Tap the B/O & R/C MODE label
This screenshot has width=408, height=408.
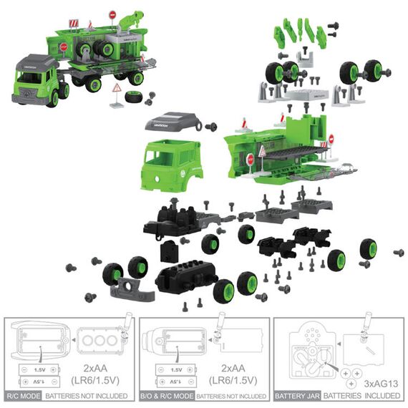click(x=167, y=395)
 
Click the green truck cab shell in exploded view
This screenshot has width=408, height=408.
click(x=173, y=164)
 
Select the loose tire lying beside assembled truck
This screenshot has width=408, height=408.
click(x=133, y=97)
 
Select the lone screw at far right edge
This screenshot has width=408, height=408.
click(x=399, y=253)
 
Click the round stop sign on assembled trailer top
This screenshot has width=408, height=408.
click(x=112, y=14)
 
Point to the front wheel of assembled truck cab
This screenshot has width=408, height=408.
click(x=52, y=98)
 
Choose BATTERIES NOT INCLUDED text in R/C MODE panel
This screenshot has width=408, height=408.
click(x=87, y=395)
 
